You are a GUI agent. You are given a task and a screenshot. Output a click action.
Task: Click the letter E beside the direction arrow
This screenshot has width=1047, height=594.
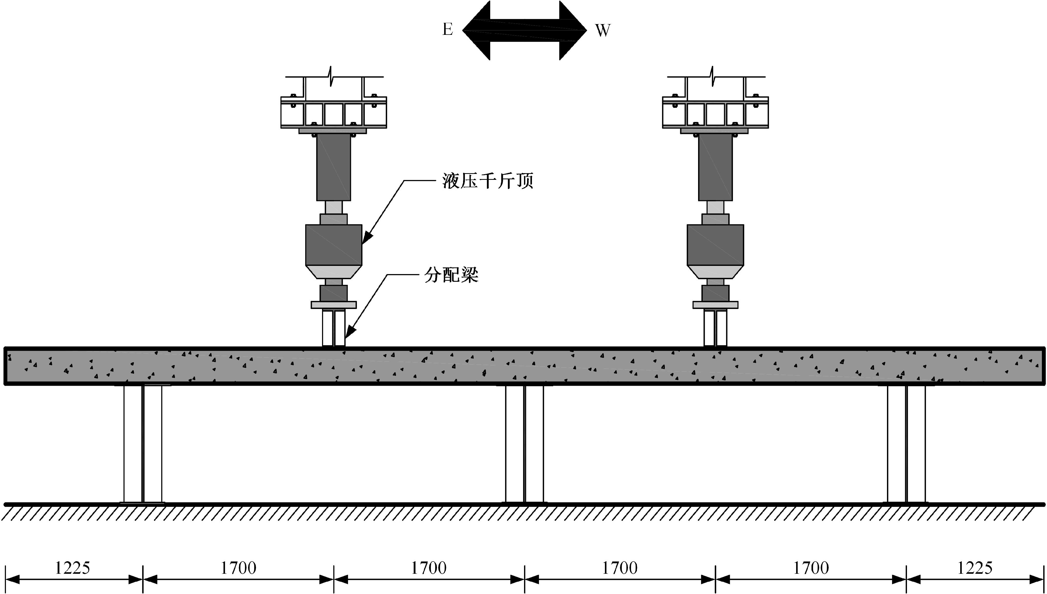coord(448,29)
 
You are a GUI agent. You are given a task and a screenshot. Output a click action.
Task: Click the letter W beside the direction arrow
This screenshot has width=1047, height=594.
coord(603,30)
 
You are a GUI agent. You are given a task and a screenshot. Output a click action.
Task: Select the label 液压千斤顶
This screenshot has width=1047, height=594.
coord(488,181)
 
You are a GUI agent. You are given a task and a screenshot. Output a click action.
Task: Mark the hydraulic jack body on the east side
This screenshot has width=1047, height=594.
coord(334,245)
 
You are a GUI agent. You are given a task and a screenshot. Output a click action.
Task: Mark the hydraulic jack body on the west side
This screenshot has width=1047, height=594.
coord(715,245)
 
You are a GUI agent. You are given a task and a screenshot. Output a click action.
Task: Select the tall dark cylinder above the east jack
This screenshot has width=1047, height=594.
coord(334,167)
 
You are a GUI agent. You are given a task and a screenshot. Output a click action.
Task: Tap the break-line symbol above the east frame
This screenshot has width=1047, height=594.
coord(331,76)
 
